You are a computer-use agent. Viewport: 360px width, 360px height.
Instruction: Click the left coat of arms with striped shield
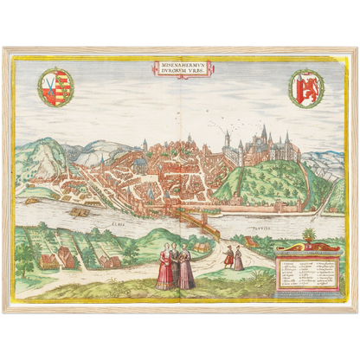pyautogui.click(x=56, y=87)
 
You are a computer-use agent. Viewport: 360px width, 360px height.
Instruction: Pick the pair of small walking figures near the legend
pyautogui.click(x=234, y=257)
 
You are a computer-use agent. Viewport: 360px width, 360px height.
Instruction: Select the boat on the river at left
pyautogui.click(x=80, y=211)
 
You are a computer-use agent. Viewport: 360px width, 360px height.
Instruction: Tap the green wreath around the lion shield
pyautogui.click(x=291, y=87)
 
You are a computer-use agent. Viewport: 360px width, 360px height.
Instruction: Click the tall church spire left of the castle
pyautogui.click(x=227, y=140)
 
